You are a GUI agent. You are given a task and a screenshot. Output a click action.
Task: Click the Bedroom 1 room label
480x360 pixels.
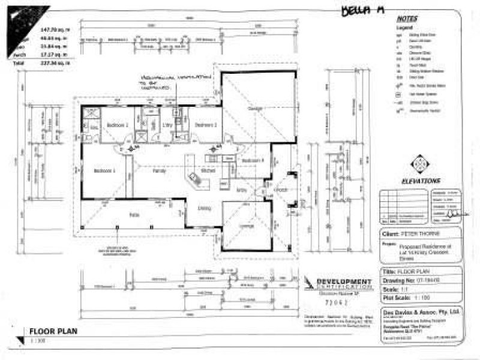[104, 170]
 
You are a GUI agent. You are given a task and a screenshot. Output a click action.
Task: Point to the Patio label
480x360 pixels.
[134, 214]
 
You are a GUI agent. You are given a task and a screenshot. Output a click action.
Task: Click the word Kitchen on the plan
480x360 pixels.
[208, 171]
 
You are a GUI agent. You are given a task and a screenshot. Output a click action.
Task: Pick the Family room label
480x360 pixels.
[160, 171]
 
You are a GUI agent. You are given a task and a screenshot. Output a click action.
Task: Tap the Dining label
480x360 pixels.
[204, 208]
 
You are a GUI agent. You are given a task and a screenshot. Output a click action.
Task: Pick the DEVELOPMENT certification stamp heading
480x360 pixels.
[343, 281]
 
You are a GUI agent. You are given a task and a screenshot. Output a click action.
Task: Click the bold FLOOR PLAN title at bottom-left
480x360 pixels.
[53, 331]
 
